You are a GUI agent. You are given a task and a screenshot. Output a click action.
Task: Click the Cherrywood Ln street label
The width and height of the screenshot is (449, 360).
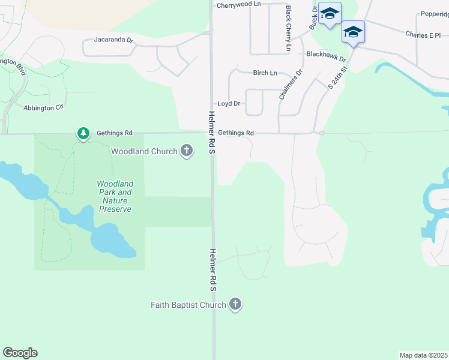tap(239, 5)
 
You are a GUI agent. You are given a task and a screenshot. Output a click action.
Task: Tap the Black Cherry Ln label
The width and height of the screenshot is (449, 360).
tap(289, 28)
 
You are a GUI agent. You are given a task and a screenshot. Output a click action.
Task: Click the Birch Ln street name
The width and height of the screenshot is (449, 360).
tap(265, 73)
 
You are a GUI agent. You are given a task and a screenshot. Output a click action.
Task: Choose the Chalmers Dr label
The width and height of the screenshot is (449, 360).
tap(291, 84)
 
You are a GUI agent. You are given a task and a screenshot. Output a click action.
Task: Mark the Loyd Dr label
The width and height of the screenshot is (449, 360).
tap(229, 104)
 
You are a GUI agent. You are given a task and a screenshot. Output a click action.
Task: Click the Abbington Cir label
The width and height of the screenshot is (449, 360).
tap(43, 107)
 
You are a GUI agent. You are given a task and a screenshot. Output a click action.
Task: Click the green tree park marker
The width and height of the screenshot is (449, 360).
tap(83, 133)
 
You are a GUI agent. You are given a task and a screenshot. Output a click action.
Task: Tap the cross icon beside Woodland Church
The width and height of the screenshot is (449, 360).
tap(187, 151)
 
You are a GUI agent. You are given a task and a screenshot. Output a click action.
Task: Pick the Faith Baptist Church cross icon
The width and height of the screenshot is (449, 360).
tap(235, 305)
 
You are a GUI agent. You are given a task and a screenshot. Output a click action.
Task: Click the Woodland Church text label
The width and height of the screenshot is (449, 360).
tap(144, 151)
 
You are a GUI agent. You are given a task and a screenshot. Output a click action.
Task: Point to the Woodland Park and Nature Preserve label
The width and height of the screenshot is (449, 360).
tap(115, 196)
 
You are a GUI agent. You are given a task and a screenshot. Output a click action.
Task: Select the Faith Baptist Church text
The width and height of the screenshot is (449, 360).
tap(188, 305)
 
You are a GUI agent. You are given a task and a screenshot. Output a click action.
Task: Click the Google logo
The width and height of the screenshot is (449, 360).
tap(20, 353)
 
